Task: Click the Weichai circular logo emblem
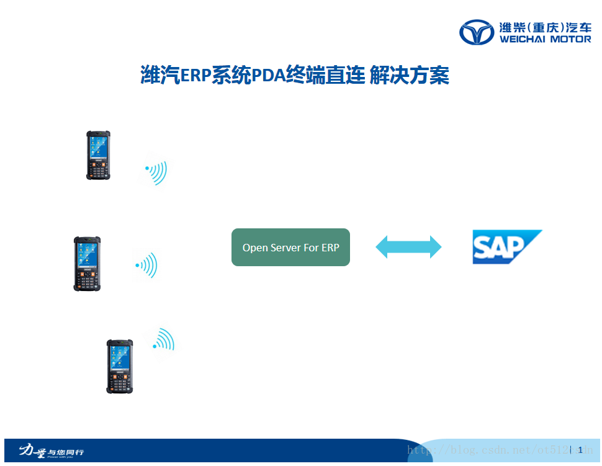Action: coord(477,32)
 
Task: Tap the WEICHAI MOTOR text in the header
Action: coord(545,39)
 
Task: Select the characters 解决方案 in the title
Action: coord(409,76)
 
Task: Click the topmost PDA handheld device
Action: coord(98,155)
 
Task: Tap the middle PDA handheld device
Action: coord(86,263)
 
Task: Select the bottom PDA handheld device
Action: coord(119,366)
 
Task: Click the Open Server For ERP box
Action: coord(290,247)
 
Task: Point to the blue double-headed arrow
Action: coord(408,247)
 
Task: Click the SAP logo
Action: coord(506,247)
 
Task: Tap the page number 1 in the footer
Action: coord(580,450)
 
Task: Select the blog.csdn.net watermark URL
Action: coord(496,450)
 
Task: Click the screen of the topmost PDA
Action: coord(98,146)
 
